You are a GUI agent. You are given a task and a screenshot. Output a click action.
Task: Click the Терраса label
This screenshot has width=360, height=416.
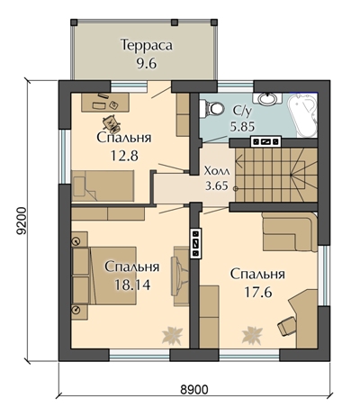tap(147, 45)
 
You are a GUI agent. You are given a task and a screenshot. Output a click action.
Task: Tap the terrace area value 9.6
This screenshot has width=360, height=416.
tap(147, 63)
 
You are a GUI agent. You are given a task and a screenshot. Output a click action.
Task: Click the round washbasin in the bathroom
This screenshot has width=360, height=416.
tap(266, 99)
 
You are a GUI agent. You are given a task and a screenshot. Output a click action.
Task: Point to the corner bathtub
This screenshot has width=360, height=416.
tap(302, 115)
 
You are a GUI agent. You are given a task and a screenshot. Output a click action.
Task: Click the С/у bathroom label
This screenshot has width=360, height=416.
tap(242, 111)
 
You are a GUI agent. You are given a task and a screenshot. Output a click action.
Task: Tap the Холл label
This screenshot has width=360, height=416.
tap(217, 171)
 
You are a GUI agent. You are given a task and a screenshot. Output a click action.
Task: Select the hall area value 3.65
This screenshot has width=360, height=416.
tap(217, 185)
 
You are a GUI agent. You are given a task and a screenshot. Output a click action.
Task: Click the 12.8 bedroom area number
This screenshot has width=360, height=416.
tap(124, 156)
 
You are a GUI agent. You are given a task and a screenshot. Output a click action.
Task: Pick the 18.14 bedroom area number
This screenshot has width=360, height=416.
tap(132, 285)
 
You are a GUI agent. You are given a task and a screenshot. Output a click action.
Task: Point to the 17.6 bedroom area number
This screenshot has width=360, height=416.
tap(258, 292)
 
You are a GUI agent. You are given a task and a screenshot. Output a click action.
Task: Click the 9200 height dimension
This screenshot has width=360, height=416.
tap(22, 221)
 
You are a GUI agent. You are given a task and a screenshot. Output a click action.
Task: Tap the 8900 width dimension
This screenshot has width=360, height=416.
tap(194, 390)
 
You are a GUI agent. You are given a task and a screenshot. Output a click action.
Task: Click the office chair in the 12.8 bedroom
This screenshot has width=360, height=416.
tap(112, 123)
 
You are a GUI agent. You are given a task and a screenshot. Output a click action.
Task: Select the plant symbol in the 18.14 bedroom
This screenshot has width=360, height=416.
tap(172, 335)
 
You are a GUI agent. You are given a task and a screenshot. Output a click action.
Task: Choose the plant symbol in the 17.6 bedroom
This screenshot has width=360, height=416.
tap(252, 335)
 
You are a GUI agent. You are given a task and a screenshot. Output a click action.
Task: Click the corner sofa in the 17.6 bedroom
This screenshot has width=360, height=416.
tap(290, 232)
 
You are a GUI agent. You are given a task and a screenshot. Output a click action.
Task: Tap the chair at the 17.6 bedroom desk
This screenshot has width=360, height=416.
tap(286, 325)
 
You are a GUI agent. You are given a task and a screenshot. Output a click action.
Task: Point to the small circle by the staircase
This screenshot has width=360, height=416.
tap(236, 188)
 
